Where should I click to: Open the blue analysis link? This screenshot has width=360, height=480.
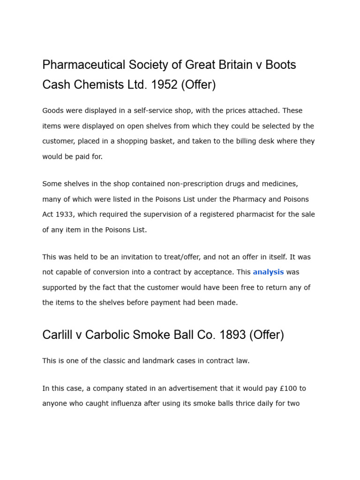coord(268,272)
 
